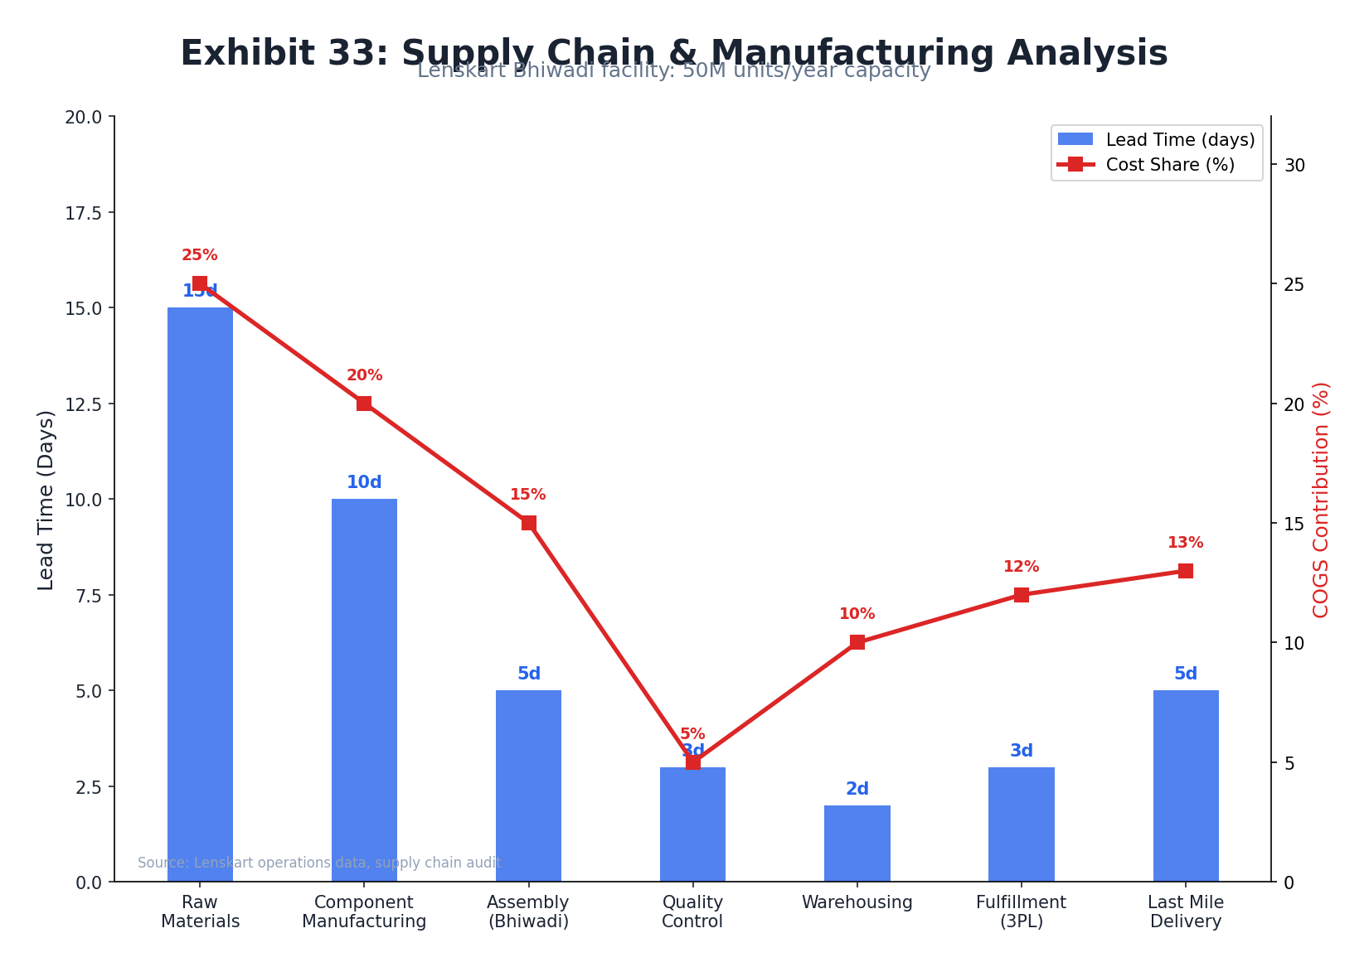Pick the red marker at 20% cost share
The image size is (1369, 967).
click(x=364, y=404)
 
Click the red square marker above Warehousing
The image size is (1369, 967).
click(x=857, y=642)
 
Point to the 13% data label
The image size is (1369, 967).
click(x=1185, y=543)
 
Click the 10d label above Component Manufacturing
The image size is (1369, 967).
click(x=364, y=482)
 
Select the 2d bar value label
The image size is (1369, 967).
click(x=857, y=789)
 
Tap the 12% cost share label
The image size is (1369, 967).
click(x=1021, y=567)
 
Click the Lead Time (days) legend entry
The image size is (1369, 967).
click(x=1156, y=140)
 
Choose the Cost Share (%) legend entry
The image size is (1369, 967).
click(x=1156, y=165)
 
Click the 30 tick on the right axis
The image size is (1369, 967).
click(x=1294, y=165)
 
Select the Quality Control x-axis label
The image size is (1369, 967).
click(x=692, y=911)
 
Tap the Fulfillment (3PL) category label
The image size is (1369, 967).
click(x=1021, y=911)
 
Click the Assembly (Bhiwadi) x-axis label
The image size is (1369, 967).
click(x=528, y=911)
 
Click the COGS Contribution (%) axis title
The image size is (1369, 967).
click(x=1321, y=500)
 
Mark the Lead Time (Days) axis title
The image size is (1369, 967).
click(x=46, y=500)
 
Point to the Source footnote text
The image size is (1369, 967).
click(x=319, y=863)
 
